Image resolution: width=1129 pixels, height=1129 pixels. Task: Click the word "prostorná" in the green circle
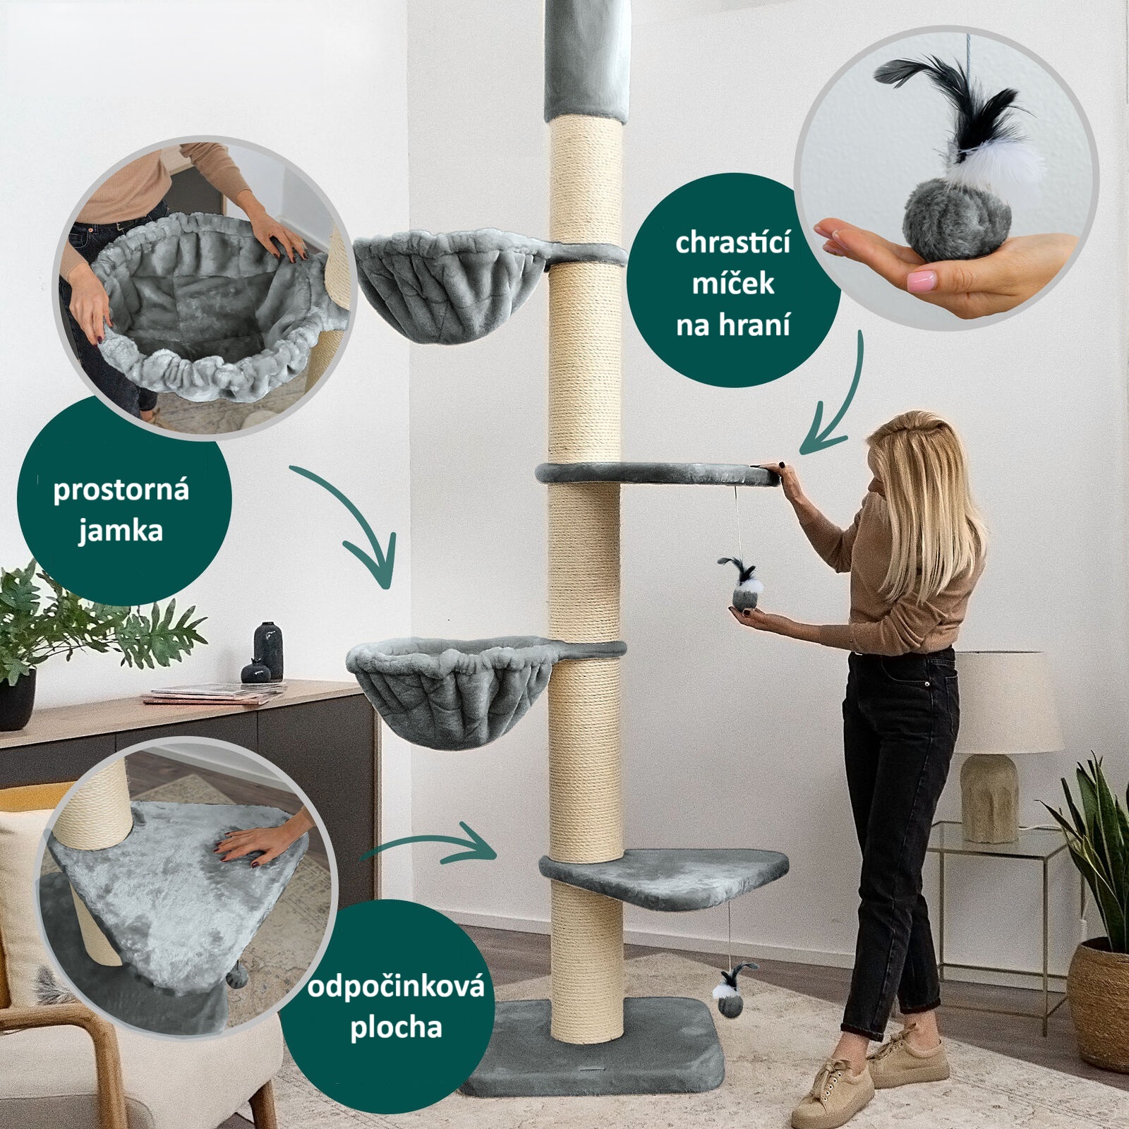[x=121, y=490]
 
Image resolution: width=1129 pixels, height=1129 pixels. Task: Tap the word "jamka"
[x=121, y=531]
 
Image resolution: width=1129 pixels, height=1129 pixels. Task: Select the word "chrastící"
[x=733, y=242]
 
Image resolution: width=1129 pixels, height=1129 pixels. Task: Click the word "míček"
[x=733, y=283]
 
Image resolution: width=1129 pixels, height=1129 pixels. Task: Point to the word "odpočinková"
[x=396, y=986]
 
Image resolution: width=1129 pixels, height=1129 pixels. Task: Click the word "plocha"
[x=396, y=1027]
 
